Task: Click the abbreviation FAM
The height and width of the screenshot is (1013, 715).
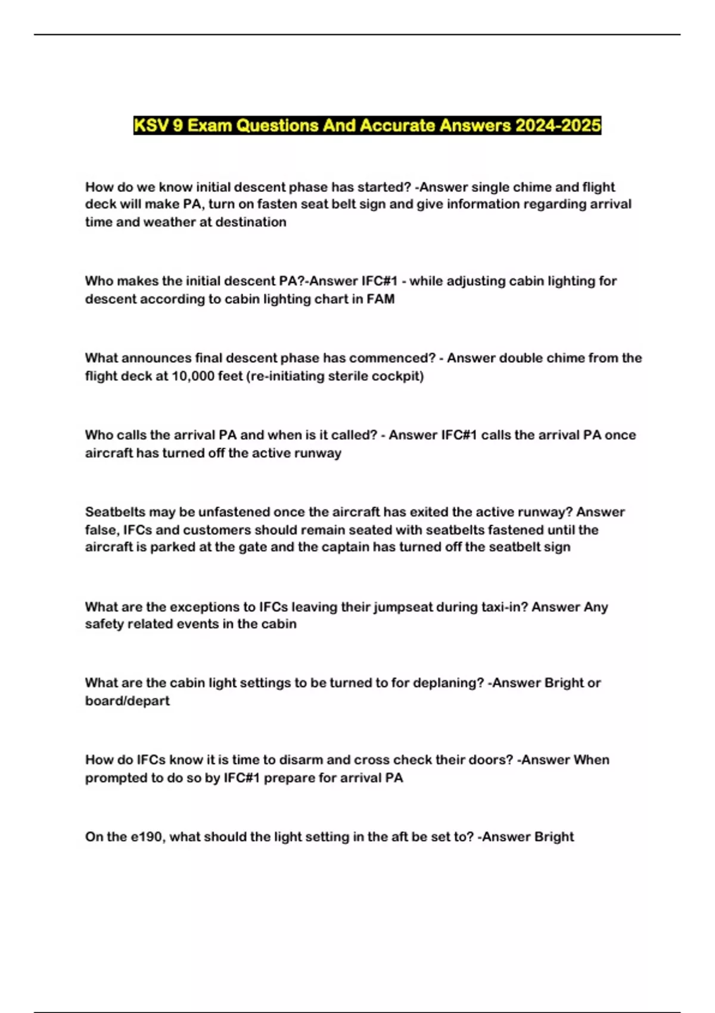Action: click(x=381, y=299)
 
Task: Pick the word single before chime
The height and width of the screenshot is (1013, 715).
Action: click(x=492, y=187)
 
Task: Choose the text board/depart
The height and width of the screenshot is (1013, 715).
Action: click(x=128, y=701)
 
